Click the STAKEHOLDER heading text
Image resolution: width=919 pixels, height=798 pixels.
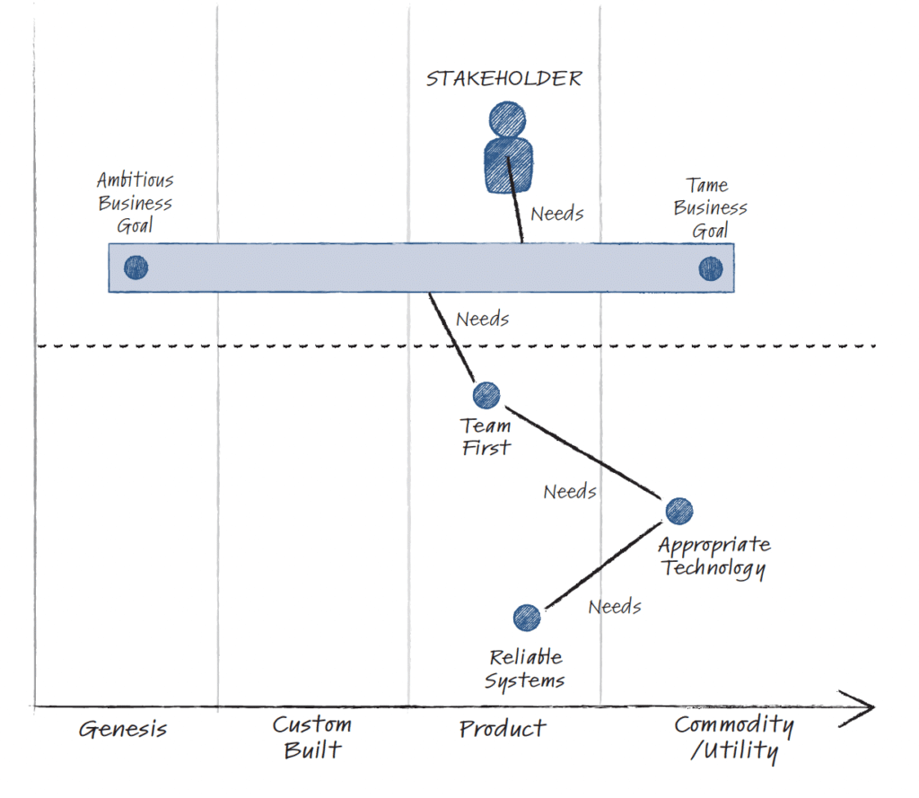[x=503, y=79]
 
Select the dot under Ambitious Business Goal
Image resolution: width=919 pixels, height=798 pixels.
[x=136, y=267]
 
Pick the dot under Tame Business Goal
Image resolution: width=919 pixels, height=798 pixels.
[x=711, y=267]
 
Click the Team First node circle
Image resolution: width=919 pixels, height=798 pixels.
[x=486, y=394]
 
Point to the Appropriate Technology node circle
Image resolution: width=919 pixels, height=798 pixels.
[x=678, y=510]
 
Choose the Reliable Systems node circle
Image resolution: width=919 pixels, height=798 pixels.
[x=527, y=617]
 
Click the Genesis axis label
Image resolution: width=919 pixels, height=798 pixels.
[x=123, y=728]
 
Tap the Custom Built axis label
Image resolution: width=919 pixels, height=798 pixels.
[x=312, y=736]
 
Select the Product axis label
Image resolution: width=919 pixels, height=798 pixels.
[x=503, y=728]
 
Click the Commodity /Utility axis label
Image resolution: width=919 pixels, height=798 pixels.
[x=734, y=737]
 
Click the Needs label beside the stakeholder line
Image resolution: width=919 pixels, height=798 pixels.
[x=557, y=214]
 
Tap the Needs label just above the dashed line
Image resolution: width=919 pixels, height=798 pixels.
[x=483, y=319]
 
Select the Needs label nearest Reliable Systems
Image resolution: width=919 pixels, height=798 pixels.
[x=615, y=607]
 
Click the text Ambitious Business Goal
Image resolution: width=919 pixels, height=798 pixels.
[x=135, y=203]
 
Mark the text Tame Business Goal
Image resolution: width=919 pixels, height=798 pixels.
[x=710, y=207]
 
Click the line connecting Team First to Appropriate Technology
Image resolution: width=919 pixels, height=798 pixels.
[x=582, y=452]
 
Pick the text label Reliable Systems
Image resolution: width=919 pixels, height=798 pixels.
[x=525, y=669]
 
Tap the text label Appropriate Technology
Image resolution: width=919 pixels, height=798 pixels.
[x=713, y=556]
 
